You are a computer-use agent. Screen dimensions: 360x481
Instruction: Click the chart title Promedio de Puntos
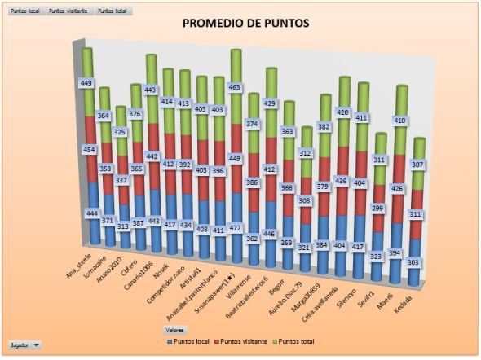(x=245, y=24)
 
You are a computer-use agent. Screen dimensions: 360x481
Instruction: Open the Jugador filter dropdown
(x=24, y=345)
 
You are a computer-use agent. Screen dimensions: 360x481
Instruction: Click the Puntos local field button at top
(x=24, y=12)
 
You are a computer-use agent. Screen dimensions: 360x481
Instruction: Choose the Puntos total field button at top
(x=112, y=12)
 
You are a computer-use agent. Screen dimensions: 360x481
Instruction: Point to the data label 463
(x=236, y=86)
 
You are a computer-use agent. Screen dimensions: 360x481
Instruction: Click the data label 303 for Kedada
(x=414, y=263)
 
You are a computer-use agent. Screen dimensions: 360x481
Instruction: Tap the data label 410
(x=399, y=121)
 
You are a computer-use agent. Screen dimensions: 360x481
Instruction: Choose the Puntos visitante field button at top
(x=68, y=12)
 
